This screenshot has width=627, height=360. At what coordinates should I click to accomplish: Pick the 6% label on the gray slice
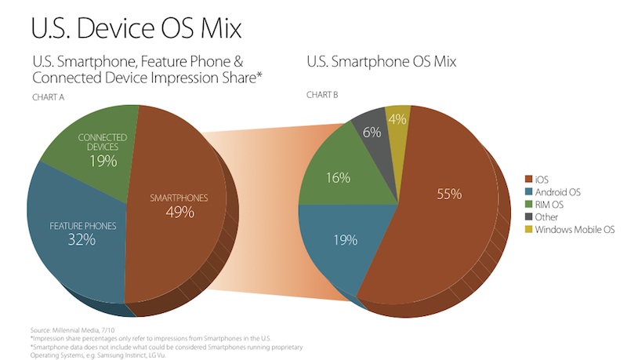[x=372, y=133]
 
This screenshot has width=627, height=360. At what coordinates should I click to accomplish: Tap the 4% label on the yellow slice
[x=397, y=121]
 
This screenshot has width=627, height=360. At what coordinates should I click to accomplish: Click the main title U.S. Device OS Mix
[x=135, y=27]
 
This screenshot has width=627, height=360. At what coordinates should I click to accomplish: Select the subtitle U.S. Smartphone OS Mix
[x=380, y=61]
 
